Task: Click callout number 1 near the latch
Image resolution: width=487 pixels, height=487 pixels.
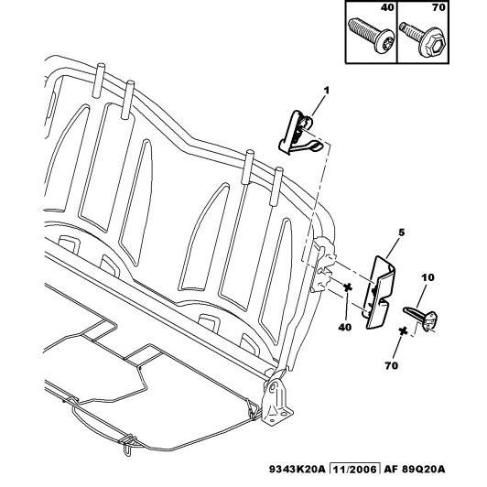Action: [326, 91]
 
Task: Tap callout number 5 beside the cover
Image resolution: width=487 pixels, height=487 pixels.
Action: [402, 233]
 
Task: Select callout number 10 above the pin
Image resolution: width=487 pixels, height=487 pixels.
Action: [427, 277]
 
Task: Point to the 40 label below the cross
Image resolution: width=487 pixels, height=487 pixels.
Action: [345, 327]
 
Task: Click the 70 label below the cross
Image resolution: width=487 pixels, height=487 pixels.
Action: [392, 365]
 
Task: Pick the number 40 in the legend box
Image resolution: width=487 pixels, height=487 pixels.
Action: [387, 7]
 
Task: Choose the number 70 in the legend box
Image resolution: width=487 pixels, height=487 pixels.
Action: [438, 7]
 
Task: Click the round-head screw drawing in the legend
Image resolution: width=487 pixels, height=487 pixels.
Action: [371, 36]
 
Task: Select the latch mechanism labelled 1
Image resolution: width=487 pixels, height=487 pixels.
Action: [300, 134]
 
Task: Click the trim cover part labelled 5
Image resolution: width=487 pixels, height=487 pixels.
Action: [380, 292]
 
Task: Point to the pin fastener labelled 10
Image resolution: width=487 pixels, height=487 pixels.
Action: [421, 319]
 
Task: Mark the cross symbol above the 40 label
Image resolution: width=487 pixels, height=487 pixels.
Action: [348, 287]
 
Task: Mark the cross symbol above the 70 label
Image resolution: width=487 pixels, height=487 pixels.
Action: [403, 331]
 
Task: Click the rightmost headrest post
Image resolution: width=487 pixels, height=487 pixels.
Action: [276, 187]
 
